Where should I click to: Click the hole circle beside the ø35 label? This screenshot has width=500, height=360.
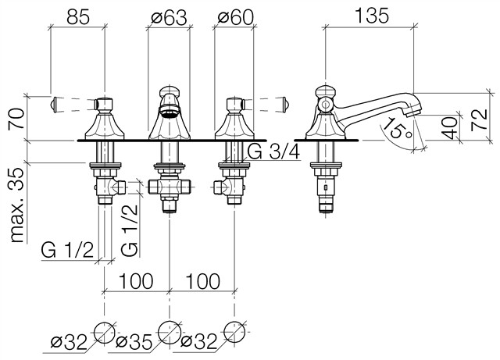(x=170, y=331)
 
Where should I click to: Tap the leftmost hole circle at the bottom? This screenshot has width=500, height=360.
(x=104, y=331)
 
